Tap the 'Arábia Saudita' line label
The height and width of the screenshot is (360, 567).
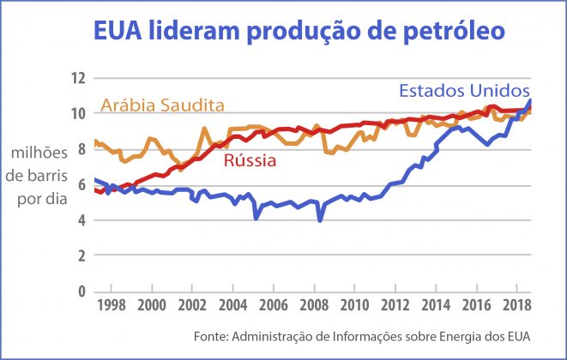coord(162,105)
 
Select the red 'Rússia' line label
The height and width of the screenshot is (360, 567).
coord(250,160)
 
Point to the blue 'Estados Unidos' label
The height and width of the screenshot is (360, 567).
coord(464,91)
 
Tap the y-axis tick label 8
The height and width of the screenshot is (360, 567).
coord(81,150)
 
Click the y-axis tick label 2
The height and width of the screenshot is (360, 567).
coord(81,256)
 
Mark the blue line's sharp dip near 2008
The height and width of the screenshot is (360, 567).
coord(320,220)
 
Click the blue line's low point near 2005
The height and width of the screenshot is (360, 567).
coord(256,218)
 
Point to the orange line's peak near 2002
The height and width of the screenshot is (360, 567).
coord(203,129)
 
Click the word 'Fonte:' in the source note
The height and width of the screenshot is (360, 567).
coord(250,334)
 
